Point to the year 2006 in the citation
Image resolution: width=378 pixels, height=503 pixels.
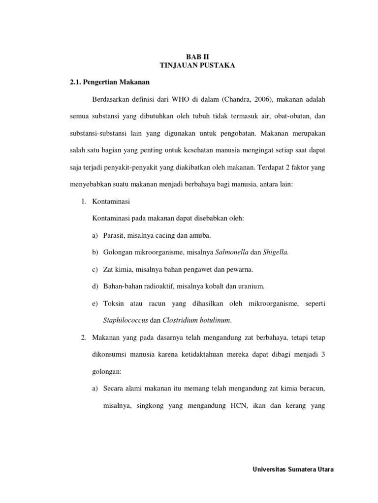(258, 100)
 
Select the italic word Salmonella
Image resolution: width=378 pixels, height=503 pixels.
(232, 252)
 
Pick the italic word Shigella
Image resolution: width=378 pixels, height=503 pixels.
(275, 252)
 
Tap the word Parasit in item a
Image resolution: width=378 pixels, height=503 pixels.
(114, 235)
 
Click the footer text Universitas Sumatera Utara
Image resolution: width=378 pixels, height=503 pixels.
(293, 470)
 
